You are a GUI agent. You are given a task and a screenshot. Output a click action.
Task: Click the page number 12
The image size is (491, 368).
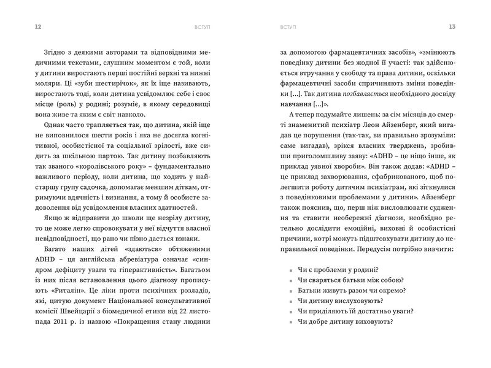point(21,26)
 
